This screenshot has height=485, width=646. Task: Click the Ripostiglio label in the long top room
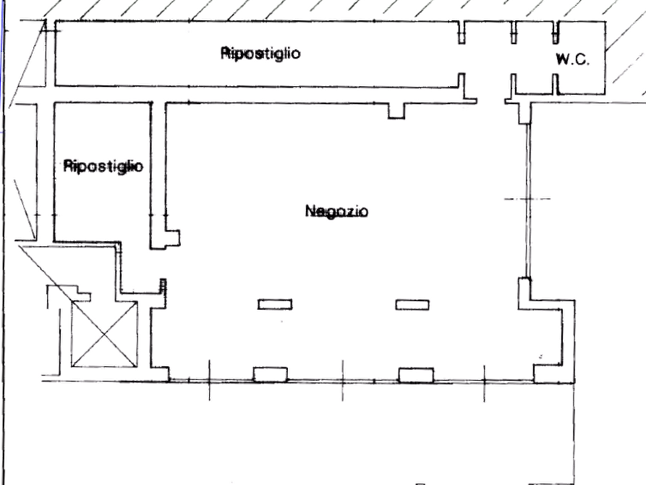260,54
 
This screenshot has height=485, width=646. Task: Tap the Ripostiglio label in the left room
103,166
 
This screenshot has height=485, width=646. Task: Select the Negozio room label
336,211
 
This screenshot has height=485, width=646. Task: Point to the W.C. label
573,59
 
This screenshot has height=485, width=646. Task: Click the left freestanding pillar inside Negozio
275,304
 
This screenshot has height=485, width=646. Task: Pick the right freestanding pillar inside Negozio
412,305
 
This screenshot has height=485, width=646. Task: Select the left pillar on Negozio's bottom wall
271,374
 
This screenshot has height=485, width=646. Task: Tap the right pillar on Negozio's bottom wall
416,375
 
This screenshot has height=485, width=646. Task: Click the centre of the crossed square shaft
105,334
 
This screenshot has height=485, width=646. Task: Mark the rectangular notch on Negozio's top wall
396,111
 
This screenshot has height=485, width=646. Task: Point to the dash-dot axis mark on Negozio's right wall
527,199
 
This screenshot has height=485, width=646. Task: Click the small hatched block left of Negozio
163,286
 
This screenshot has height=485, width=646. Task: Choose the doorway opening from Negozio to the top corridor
491,101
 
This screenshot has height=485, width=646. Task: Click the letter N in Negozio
310,211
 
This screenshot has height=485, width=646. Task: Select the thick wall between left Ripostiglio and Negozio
158,175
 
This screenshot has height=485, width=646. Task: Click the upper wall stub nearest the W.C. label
556,32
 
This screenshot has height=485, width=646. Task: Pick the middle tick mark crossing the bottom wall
343,380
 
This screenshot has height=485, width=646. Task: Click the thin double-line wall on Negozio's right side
527,201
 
